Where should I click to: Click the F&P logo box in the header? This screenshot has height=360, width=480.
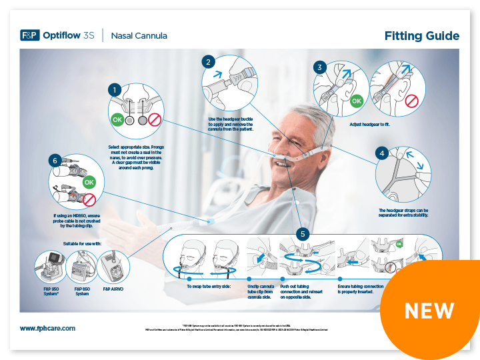click(x=30, y=35)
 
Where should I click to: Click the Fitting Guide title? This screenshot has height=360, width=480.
click(x=421, y=35)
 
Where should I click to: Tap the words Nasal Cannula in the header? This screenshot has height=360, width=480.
click(x=139, y=35)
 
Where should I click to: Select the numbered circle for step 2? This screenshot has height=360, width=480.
click(x=209, y=62)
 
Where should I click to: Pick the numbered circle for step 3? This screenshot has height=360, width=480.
click(x=321, y=67)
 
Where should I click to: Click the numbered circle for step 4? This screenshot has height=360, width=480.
click(x=382, y=153)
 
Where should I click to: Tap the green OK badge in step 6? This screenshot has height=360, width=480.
click(x=87, y=181)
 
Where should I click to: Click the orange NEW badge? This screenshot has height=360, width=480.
click(x=430, y=310)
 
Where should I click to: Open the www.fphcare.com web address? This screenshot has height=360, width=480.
click(x=47, y=328)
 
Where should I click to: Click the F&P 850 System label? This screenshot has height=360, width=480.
click(x=81, y=291)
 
